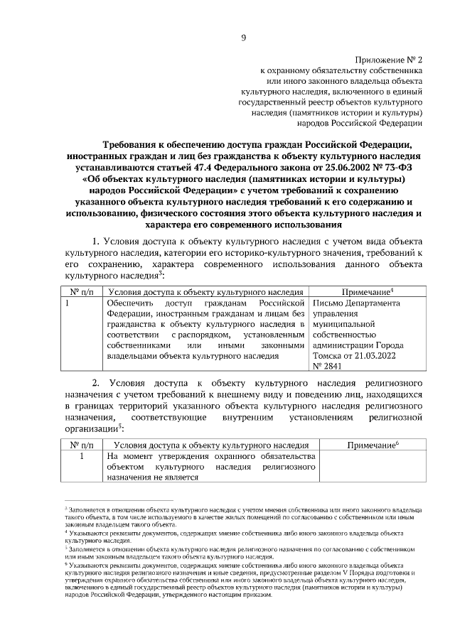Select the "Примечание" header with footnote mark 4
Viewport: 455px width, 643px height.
click(x=368, y=292)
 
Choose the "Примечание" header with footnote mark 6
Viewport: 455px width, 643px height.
click(x=371, y=444)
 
